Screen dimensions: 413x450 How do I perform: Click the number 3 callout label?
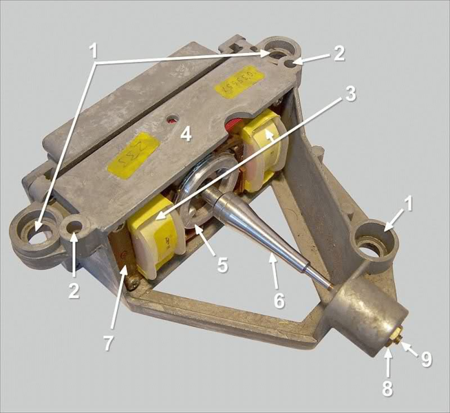(x=350, y=94)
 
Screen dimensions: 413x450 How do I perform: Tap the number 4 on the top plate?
(x=186, y=134)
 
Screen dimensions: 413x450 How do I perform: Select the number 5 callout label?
(x=222, y=265)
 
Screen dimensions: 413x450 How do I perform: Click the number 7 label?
(x=108, y=342)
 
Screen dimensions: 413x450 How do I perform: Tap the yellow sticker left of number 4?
(x=135, y=147)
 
